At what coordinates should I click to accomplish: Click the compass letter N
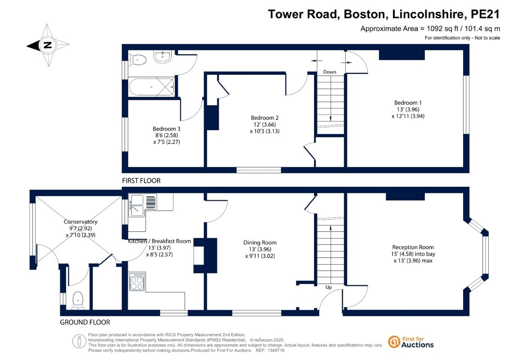click(47, 45)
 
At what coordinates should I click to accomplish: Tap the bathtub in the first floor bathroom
click(152, 87)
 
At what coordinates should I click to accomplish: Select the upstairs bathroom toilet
click(138, 60)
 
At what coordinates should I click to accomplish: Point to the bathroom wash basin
click(162, 57)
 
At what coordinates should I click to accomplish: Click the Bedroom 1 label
click(408, 103)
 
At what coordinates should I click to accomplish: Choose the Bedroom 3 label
click(166, 129)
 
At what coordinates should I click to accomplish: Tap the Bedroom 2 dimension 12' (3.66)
click(265, 124)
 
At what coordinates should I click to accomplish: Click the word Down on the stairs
click(330, 72)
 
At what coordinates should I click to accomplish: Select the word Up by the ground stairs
click(329, 287)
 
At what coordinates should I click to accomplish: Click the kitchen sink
click(143, 205)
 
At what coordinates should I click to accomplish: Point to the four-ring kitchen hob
click(137, 282)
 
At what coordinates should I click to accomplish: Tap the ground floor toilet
click(78, 300)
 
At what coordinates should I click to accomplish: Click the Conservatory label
click(81, 222)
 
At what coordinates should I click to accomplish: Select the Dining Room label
click(260, 243)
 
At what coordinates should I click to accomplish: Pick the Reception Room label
click(413, 247)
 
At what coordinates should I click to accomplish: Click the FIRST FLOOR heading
click(141, 181)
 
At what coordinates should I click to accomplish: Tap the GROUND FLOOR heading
click(85, 322)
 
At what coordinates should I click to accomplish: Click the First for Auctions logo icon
click(394, 342)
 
